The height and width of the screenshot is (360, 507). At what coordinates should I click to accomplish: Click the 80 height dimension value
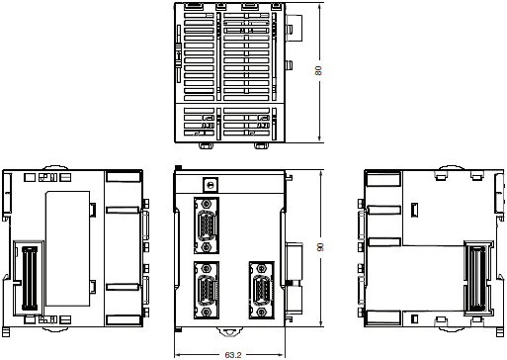pyautogui.click(x=318, y=71)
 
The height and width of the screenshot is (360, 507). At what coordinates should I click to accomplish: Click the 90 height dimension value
pyautogui.click(x=319, y=247)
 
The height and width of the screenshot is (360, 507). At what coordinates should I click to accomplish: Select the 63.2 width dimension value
pyautogui.click(x=233, y=355)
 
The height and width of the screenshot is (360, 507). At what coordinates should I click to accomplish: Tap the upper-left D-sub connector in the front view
pyautogui.click(x=207, y=225)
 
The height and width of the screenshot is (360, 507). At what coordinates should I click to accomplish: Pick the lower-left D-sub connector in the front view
pyautogui.click(x=207, y=291)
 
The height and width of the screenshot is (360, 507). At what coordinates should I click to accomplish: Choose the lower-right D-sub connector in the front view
pyautogui.click(x=262, y=291)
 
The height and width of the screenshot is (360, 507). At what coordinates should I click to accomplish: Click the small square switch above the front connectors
pyautogui.click(x=210, y=185)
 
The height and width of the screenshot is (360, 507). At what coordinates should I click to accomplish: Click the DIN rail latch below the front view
pyautogui.click(x=229, y=331)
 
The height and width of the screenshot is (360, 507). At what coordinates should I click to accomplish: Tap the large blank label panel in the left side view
pyautogui.click(x=67, y=248)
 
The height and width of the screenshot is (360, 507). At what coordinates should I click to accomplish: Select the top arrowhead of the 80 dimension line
pyautogui.click(x=319, y=6)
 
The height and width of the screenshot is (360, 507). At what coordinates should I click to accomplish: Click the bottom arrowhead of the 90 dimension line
pyautogui.click(x=319, y=323)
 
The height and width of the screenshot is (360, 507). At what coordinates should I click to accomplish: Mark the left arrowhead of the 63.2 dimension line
pyautogui.click(x=178, y=355)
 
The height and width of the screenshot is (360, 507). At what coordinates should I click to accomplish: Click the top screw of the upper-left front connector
pyautogui.click(x=207, y=204)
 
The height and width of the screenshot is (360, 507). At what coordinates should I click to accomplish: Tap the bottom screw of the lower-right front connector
pyautogui.click(x=262, y=312)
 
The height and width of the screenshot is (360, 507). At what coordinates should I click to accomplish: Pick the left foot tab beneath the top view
pyautogui.click(x=206, y=145)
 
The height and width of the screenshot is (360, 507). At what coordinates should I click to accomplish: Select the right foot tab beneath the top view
pyautogui.click(x=262, y=145)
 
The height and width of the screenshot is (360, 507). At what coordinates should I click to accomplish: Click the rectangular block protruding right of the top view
pyautogui.click(x=294, y=28)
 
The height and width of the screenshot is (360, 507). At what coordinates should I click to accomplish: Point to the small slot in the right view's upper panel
pyautogui.click(x=415, y=211)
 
